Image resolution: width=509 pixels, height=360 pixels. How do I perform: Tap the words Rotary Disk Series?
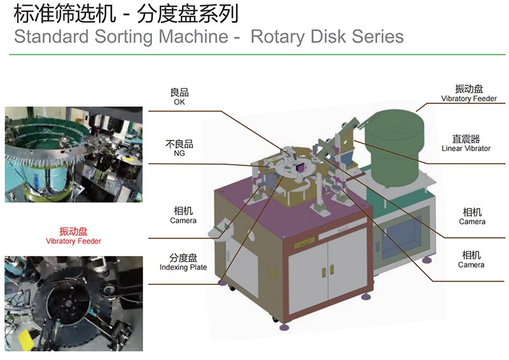point(327,36)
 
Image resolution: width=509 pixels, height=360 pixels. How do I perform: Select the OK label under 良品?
point(179,102)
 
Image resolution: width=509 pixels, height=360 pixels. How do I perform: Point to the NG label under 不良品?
point(179,153)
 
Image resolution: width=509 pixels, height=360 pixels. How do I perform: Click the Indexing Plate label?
point(183,268)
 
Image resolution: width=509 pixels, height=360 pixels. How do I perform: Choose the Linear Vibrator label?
point(466,148)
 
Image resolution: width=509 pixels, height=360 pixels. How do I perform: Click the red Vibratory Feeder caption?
point(73,241)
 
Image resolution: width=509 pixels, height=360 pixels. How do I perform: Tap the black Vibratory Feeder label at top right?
point(469,99)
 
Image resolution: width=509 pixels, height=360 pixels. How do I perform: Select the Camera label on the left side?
point(183,221)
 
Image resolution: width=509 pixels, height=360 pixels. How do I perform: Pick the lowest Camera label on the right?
point(471,265)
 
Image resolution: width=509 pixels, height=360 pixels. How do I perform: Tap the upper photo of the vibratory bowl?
point(73,154)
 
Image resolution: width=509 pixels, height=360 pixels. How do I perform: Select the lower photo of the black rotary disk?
point(73,303)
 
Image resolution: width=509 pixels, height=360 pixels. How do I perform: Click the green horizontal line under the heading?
point(254,55)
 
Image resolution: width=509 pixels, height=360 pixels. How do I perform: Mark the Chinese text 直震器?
point(466,139)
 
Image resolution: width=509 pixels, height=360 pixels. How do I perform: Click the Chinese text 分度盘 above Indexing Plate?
point(183,258)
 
